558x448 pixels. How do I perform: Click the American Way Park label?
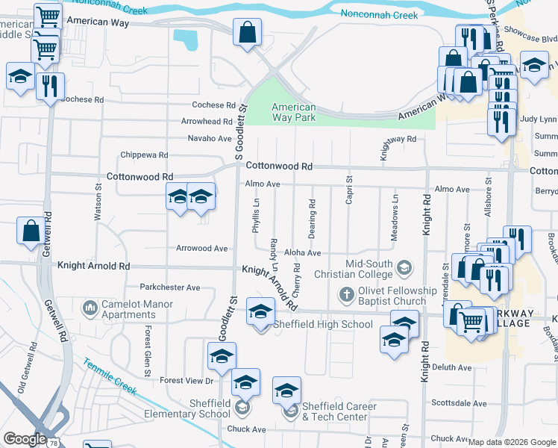pyautogui.click(x=293, y=112)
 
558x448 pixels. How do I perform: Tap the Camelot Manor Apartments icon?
pyautogui.click(x=90, y=308)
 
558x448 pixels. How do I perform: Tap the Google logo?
pyautogui.click(x=25, y=439)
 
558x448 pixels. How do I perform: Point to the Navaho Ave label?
pyautogui.click(x=209, y=138)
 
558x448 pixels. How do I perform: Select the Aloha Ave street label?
pyautogui.click(x=302, y=254)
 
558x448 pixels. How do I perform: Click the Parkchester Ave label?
pyautogui.click(x=170, y=287)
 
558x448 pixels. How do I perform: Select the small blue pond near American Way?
pyautogui.click(x=185, y=40)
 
